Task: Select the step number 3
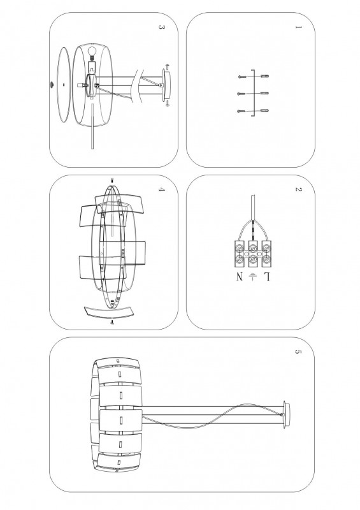[161, 27]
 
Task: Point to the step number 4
[161, 189]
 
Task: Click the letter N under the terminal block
[240, 277]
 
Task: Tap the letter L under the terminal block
[267, 277]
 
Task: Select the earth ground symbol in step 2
[253, 277]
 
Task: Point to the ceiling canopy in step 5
[285, 414]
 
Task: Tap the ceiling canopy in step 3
[166, 85]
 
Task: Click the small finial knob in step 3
[52, 85]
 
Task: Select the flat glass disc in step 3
[64, 85]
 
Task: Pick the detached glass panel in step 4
[109, 312]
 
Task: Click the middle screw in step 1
[241, 94]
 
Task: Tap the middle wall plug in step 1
[264, 93]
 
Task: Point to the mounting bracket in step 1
[253, 93]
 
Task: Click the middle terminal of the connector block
[253, 254]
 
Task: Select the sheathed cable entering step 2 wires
[253, 208]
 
